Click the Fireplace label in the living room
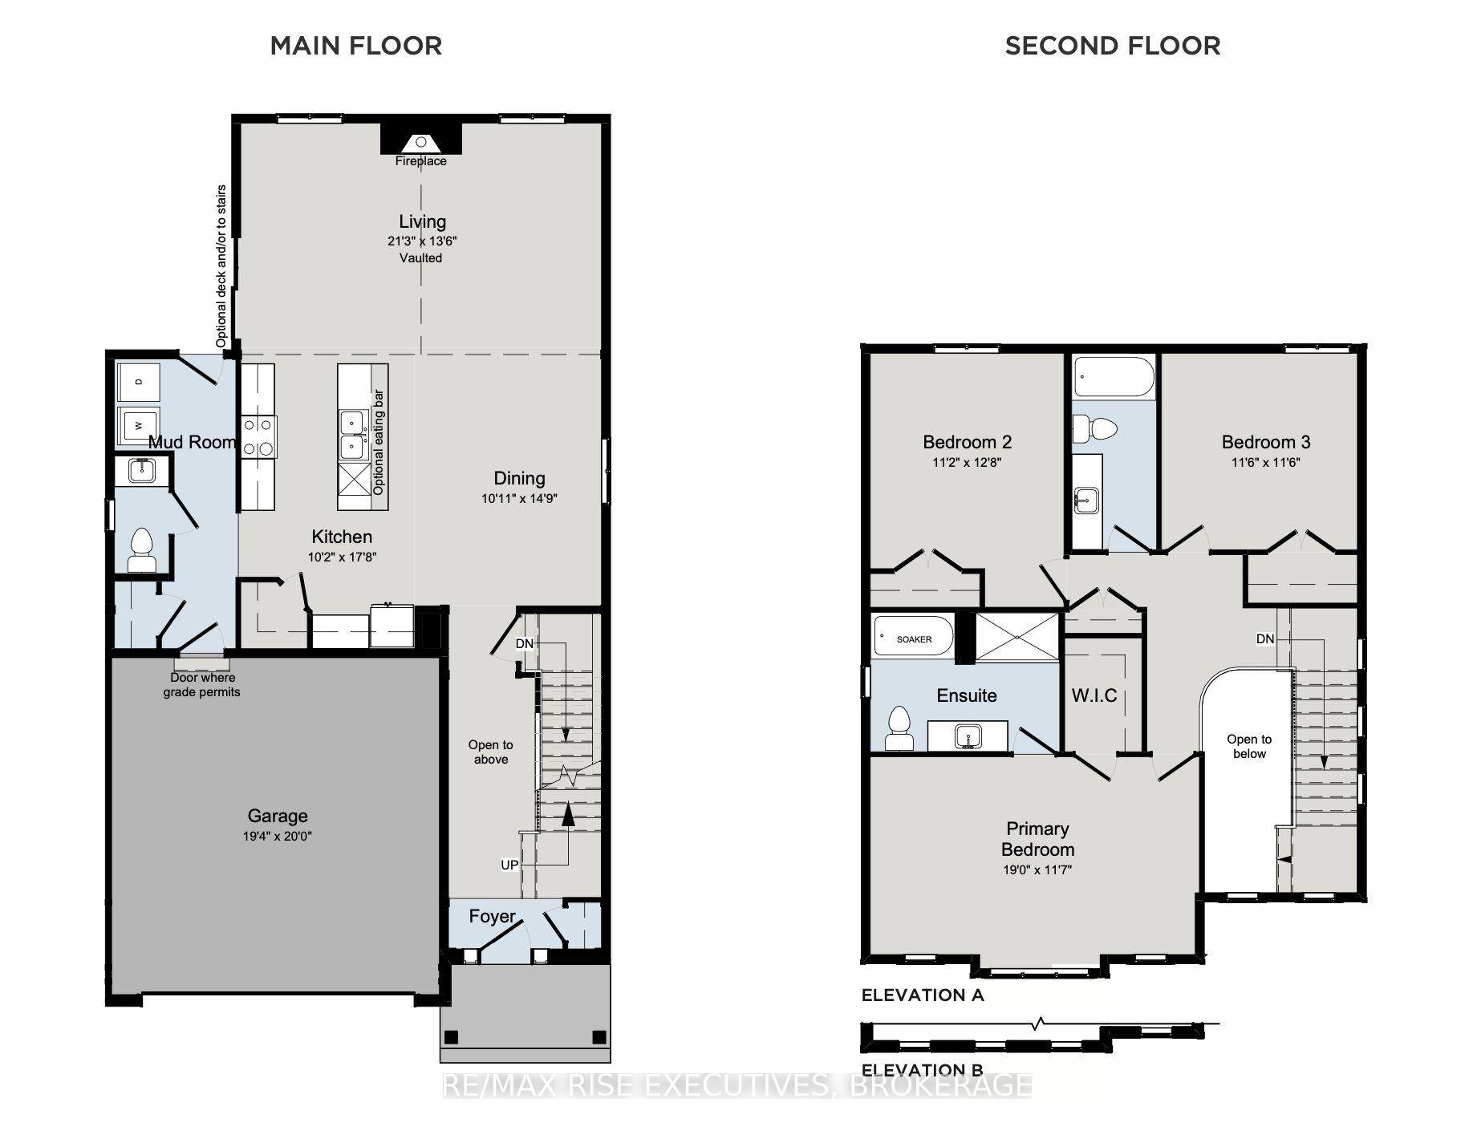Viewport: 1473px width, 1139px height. coord(420,161)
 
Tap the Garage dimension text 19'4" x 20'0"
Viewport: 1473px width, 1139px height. coord(278,836)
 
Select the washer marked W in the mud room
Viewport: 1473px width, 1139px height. coord(139,426)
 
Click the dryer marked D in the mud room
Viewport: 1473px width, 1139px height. coord(139,383)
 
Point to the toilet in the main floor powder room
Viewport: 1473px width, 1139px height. coord(142,549)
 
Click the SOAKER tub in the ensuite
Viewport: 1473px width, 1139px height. coord(913,638)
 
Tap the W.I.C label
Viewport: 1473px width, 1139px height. coord(1094,695)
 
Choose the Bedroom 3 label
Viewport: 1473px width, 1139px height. coord(1266,442)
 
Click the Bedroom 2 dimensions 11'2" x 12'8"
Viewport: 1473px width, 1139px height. coord(967,463)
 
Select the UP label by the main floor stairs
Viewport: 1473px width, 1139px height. coord(509,865)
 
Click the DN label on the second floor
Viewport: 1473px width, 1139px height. coord(1265,639)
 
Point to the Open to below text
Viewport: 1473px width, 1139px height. coord(1249,747)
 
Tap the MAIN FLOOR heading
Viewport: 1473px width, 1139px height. coord(356,46)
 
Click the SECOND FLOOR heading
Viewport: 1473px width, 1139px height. coord(1113,46)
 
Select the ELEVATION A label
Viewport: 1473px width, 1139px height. coord(923,995)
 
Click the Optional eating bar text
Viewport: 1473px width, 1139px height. coord(379,442)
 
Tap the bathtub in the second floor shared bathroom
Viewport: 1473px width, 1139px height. coord(1114,379)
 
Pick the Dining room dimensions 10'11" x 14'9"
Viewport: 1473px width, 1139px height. coord(519,498)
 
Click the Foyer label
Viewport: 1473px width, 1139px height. coord(492,916)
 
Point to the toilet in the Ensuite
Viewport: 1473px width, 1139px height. coord(899,728)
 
